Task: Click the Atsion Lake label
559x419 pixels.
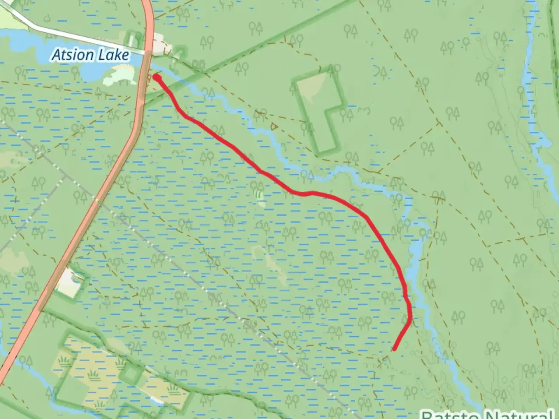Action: [90, 55]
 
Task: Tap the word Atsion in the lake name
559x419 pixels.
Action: [69, 55]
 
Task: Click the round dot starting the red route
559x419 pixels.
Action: [156, 77]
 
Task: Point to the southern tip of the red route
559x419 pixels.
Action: [394, 350]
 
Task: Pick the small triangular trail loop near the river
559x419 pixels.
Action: [274, 126]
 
